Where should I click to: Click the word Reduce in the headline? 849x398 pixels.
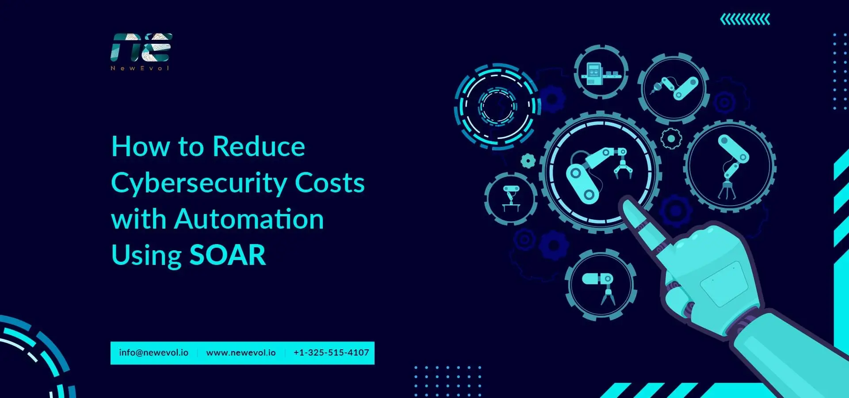coord(259,146)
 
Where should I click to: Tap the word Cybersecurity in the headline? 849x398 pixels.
coord(199,183)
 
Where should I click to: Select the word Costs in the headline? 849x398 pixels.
coord(329,183)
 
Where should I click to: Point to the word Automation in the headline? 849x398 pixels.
coord(249,219)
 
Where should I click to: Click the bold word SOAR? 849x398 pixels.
coord(228,255)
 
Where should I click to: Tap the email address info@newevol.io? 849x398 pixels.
coord(153,353)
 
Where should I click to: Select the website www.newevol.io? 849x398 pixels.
coord(241,353)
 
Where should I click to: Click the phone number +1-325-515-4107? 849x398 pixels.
coord(331,353)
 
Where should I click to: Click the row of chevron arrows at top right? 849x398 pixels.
coord(745,19)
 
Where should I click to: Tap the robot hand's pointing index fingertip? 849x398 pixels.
coord(628,206)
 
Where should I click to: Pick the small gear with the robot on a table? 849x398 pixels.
coord(511,199)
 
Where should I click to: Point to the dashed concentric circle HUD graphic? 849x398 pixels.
coord(497,106)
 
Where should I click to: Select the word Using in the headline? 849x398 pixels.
coord(146,256)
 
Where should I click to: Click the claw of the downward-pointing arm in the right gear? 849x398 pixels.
coord(727,191)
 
